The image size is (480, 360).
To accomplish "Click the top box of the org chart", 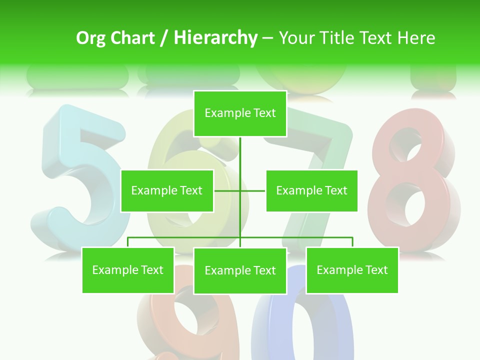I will click(x=240, y=113).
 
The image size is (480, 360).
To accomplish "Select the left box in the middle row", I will click(x=167, y=190).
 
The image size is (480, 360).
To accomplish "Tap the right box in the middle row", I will click(x=311, y=190).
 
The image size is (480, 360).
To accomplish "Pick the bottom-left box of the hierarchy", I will click(x=128, y=270).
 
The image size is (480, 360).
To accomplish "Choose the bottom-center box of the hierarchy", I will click(x=240, y=270).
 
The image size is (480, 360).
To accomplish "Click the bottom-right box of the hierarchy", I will click(x=352, y=270).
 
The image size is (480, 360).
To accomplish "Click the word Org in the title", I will click(x=90, y=38).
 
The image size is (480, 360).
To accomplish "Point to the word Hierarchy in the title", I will click(x=215, y=38).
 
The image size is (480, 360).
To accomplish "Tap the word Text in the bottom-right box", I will click(x=376, y=270).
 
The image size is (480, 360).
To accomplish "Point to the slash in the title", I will click(x=164, y=38).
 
